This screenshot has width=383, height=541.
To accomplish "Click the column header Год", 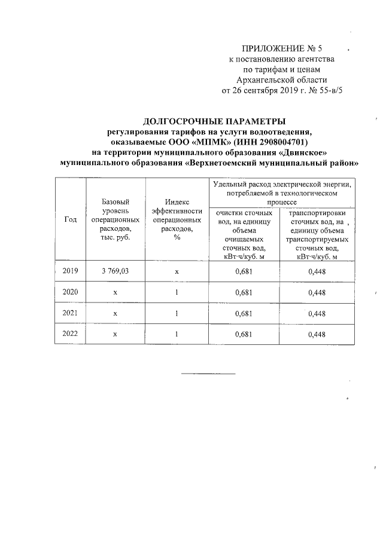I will click(x=70, y=219).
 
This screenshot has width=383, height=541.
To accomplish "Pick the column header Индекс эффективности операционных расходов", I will click(x=177, y=219).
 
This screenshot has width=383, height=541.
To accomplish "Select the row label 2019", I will click(x=70, y=271).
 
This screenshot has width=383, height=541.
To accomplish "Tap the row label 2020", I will click(x=70, y=292).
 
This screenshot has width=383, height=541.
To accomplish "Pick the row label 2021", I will click(x=70, y=313).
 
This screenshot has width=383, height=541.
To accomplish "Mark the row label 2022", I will click(x=70, y=334).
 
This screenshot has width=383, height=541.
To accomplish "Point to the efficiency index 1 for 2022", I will click(x=177, y=334).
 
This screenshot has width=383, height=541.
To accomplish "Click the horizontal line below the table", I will click(x=208, y=374).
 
